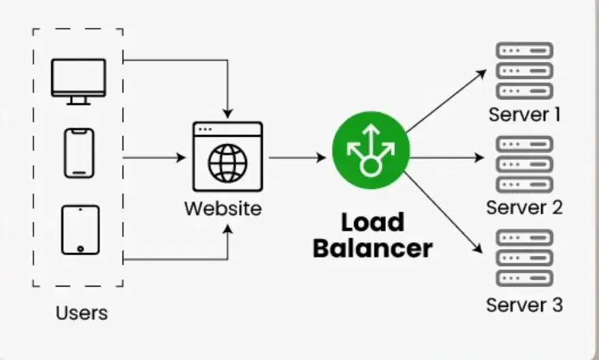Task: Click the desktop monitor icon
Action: [78, 80]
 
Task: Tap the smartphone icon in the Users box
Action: [78, 153]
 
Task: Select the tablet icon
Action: [80, 230]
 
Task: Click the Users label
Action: [82, 313]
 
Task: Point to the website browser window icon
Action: [227, 157]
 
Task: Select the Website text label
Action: [223, 208]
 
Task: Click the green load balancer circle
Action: [370, 150]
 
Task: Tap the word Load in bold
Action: [372, 223]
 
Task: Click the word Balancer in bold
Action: [372, 248]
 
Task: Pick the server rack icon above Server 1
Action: [524, 70]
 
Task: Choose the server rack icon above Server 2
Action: [524, 164]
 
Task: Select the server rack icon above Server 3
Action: [524, 259]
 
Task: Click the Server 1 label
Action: [524, 114]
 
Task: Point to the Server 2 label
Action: [524, 207]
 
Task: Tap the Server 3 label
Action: [524, 304]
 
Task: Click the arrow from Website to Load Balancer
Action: [297, 158]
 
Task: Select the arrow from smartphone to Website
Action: [154, 158]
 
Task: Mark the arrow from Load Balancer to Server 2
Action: [447, 158]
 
